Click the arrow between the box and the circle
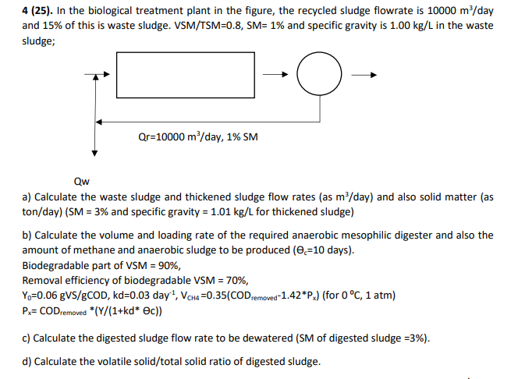[274, 76]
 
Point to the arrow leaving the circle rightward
[364, 76]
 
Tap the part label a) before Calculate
[28, 197]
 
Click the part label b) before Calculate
[28, 235]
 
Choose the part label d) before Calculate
[28, 362]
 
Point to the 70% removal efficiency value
[240, 280]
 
